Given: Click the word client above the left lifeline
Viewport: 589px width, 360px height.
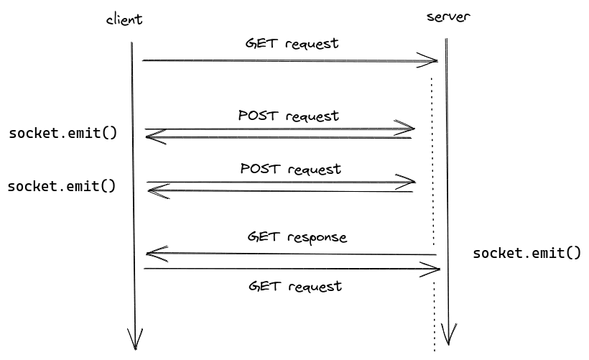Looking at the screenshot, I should coord(124,19).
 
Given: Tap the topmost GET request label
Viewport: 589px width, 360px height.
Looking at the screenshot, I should coord(291,43).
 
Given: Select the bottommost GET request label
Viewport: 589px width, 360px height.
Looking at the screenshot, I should coord(294,286).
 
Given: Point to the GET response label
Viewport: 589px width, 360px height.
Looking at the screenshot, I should coord(297,236).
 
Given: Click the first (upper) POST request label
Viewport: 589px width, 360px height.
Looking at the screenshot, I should coord(288,115).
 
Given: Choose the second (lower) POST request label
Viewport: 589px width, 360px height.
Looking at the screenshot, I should coord(290,169).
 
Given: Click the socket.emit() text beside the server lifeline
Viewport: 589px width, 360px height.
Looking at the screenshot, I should coord(526,253).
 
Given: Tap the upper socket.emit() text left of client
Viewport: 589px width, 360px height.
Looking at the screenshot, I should coord(62,133).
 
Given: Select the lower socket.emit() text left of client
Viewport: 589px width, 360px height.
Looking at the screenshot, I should coord(61,186).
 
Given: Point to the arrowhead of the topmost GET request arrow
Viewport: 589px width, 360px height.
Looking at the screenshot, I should coord(431,61).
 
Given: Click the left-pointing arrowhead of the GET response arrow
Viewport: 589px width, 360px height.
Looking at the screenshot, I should coord(152,253).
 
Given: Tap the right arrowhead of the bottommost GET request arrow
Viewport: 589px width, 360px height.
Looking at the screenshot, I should coord(433,269).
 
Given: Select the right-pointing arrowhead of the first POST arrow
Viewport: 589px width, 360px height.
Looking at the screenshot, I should coord(409,129).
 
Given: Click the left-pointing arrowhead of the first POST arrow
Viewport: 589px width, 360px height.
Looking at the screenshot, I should coord(152,137).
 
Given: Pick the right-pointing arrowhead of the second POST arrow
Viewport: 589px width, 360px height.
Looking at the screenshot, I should coord(409,181).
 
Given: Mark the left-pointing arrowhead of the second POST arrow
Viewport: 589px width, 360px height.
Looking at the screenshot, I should coord(154,190).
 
